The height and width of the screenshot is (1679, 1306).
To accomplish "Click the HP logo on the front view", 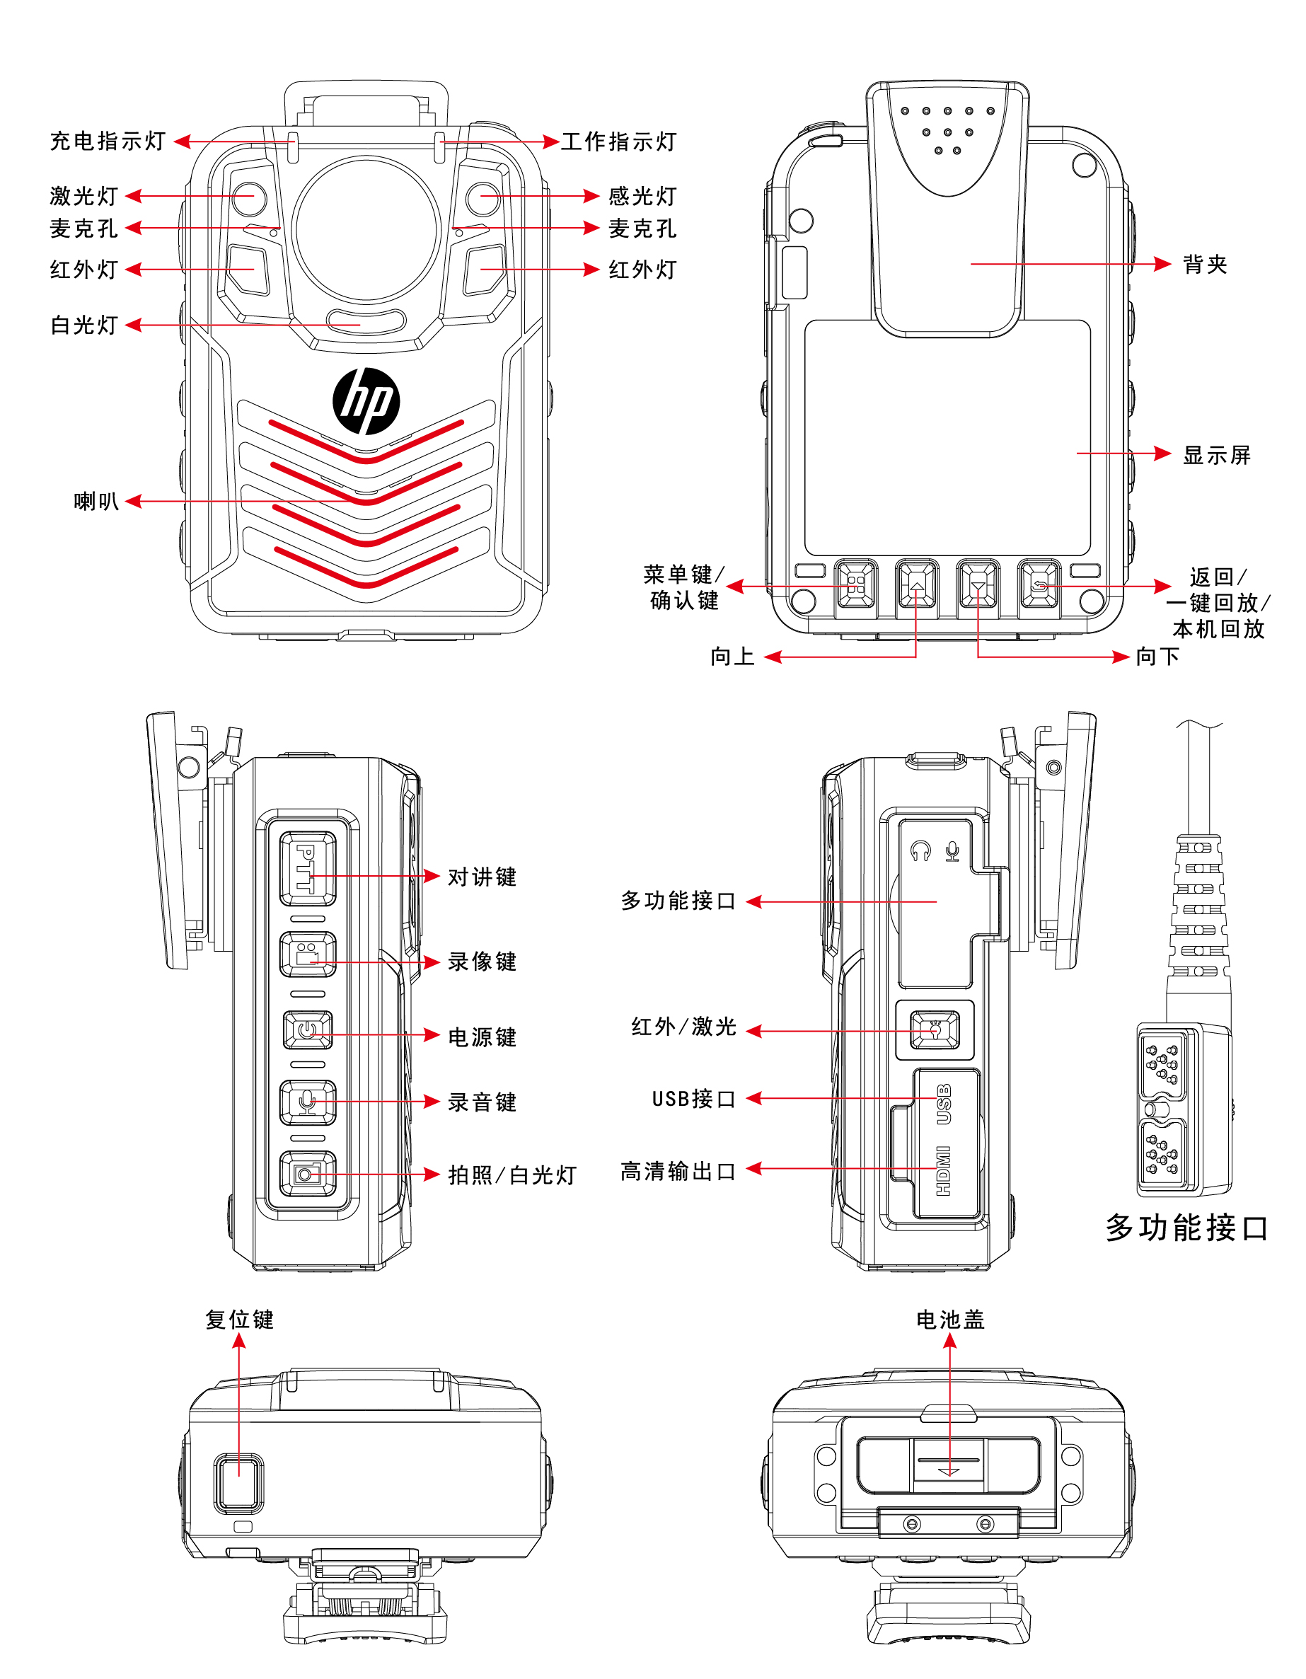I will (x=366, y=400).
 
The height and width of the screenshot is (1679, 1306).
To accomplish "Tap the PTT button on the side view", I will (x=307, y=868).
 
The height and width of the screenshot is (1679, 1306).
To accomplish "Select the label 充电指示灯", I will (x=108, y=142).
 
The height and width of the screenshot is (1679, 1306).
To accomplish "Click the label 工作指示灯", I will (x=619, y=142).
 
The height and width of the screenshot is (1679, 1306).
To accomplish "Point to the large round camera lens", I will (x=366, y=229).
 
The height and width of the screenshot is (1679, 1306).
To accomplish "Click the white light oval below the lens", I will (x=366, y=321).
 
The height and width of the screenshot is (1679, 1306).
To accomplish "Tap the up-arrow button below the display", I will (x=916, y=586).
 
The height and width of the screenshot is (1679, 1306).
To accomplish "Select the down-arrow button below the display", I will (x=978, y=586).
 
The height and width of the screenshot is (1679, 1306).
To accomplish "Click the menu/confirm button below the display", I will (x=855, y=585).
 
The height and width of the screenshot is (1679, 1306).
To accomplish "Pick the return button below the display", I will (x=1039, y=585).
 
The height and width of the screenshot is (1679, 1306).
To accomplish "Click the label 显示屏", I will (x=1216, y=455).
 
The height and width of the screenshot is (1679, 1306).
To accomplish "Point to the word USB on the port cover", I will (x=944, y=1104).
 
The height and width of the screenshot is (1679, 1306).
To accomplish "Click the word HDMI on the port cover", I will (x=944, y=1171).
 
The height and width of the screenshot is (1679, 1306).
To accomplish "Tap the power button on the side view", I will (x=308, y=1030).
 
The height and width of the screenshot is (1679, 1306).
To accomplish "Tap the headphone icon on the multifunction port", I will (x=920, y=851).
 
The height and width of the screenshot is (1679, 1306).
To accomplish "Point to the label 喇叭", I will (x=96, y=501).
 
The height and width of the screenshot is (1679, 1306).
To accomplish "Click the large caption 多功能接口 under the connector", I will (x=1186, y=1228).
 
